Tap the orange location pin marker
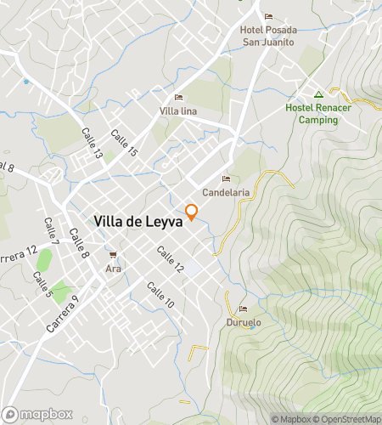192,212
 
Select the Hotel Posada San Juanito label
268,35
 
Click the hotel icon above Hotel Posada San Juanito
268,17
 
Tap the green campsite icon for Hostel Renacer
318,94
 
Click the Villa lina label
178,111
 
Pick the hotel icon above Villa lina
178,97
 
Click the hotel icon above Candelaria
226,178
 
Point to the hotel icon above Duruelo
243,309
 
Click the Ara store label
113,269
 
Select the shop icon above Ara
113,255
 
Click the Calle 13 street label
92,144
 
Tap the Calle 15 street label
125,144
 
